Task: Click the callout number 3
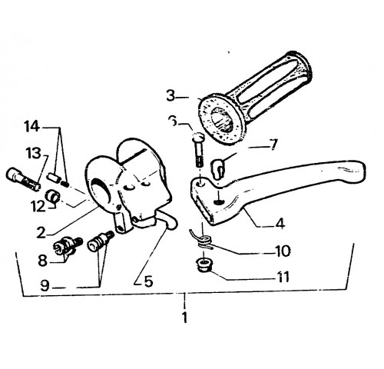pyautogui.click(x=170, y=95)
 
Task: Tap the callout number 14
pyautogui.click(x=31, y=127)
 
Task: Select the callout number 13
pyautogui.click(x=33, y=153)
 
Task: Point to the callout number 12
pyautogui.click(x=38, y=207)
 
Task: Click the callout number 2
pyautogui.click(x=41, y=232)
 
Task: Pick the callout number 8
pyautogui.click(x=43, y=261)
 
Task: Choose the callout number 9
pyautogui.click(x=45, y=286)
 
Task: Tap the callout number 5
pyautogui.click(x=148, y=281)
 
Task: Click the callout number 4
pyautogui.click(x=280, y=223)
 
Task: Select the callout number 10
pyautogui.click(x=283, y=251)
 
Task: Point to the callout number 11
pyautogui.click(x=283, y=277)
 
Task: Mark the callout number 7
pyautogui.click(x=273, y=145)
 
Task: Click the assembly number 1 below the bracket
pyautogui.click(x=184, y=317)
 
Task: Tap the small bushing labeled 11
pyautogui.click(x=204, y=265)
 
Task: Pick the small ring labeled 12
pyautogui.click(x=52, y=196)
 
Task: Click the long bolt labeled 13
pyautogui.click(x=24, y=178)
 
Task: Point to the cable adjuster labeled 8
pyautogui.click(x=68, y=245)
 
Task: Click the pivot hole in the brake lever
pyautogui.click(x=200, y=184)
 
